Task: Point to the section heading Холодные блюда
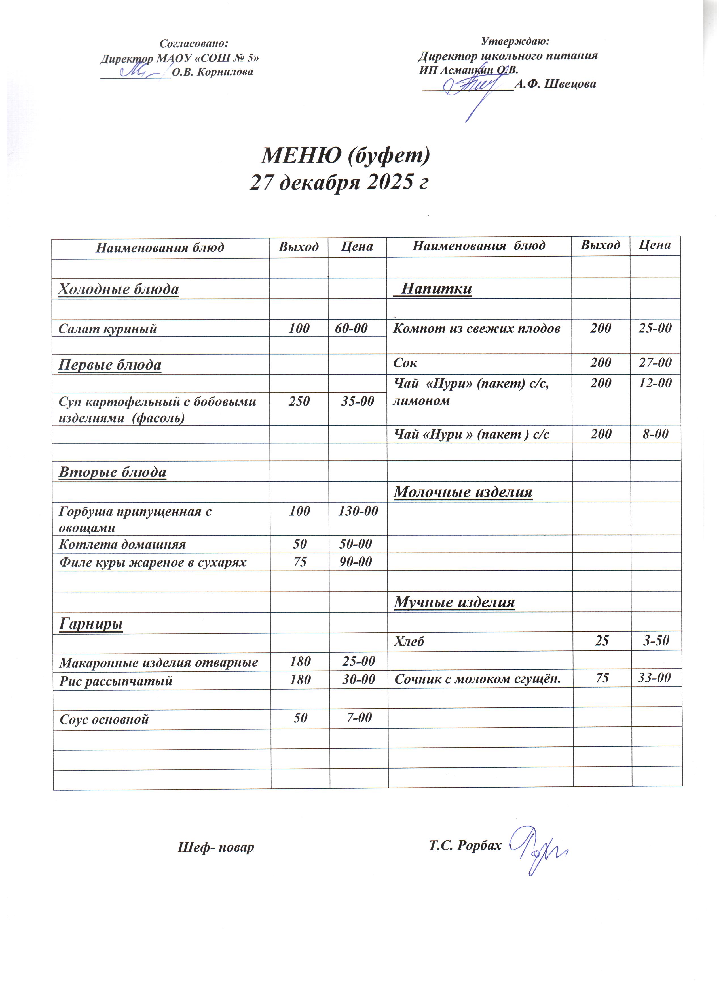click(x=119, y=291)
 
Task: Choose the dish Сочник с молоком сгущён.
click(x=481, y=684)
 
